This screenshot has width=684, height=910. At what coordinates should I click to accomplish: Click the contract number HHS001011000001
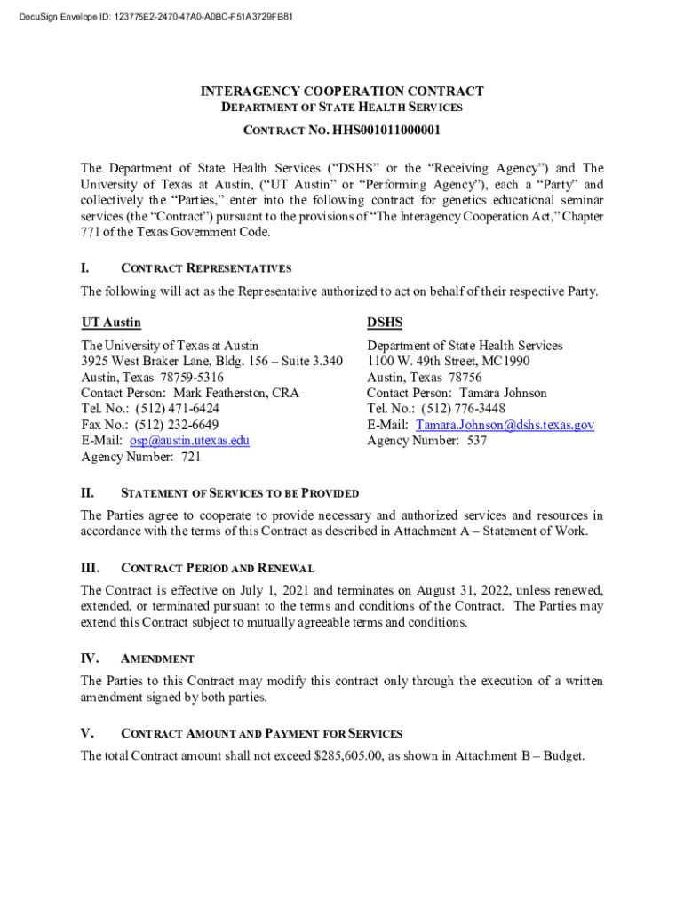click(x=386, y=132)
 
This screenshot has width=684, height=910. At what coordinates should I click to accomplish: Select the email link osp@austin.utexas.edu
click(x=189, y=441)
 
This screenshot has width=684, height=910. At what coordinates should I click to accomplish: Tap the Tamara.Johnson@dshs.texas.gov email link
click(x=505, y=425)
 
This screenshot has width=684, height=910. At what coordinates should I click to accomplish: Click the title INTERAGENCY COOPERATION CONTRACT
click(x=342, y=92)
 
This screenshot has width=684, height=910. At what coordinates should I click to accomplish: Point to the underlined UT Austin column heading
click(x=111, y=323)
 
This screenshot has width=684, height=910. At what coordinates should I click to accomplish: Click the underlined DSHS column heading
click(x=385, y=323)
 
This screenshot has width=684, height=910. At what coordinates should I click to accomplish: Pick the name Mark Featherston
click(x=221, y=393)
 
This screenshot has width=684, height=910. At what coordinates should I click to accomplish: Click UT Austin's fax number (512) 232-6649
click(x=179, y=425)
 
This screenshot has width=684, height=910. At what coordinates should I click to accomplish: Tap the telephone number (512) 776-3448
click(x=468, y=409)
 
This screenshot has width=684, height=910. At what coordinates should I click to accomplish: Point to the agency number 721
click(x=191, y=457)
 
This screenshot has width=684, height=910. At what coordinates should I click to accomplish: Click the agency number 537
click(x=477, y=441)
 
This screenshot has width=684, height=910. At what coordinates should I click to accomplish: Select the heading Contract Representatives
click(x=206, y=268)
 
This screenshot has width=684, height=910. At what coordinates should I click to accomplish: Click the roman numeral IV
click(x=89, y=659)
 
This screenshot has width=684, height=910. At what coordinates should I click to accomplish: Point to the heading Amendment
click(x=157, y=659)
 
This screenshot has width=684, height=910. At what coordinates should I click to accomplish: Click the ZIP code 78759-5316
click(x=187, y=377)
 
